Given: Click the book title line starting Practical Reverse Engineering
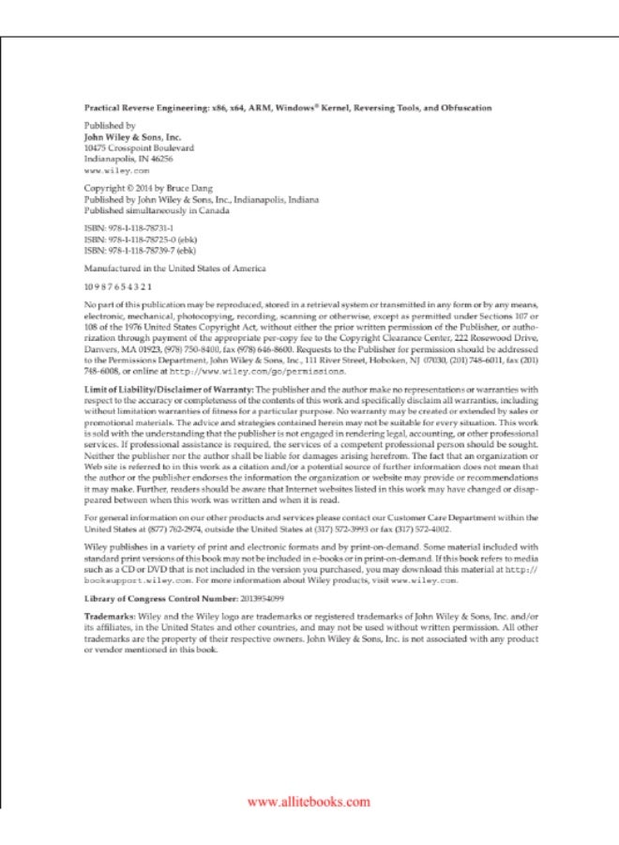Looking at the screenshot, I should coord(287,108).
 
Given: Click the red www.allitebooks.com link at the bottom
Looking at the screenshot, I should coord(309,802).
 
